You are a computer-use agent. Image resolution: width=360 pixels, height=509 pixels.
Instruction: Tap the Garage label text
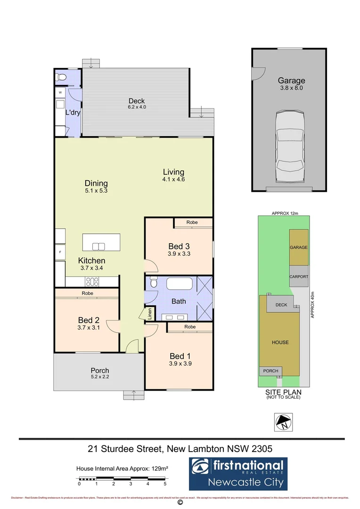pos(291,81)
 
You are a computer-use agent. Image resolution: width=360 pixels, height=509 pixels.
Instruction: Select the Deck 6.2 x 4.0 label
pos(137,104)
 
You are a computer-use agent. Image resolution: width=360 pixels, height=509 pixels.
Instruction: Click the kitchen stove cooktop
pos(91,282)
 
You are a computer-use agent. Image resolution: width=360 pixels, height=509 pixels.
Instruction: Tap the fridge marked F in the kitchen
pos(60,252)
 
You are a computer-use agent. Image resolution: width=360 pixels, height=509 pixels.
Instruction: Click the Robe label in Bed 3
pos(192,222)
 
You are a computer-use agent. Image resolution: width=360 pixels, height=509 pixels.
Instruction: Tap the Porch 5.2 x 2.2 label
pos(99,373)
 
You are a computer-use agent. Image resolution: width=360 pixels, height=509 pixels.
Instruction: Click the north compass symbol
pos(284,422)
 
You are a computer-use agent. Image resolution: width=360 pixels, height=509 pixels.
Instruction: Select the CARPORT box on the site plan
pos(299,277)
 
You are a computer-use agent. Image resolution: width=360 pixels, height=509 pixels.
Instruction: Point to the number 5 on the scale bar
pos(165,484)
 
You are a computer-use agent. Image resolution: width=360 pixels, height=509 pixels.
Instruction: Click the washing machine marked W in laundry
pos(60,93)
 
